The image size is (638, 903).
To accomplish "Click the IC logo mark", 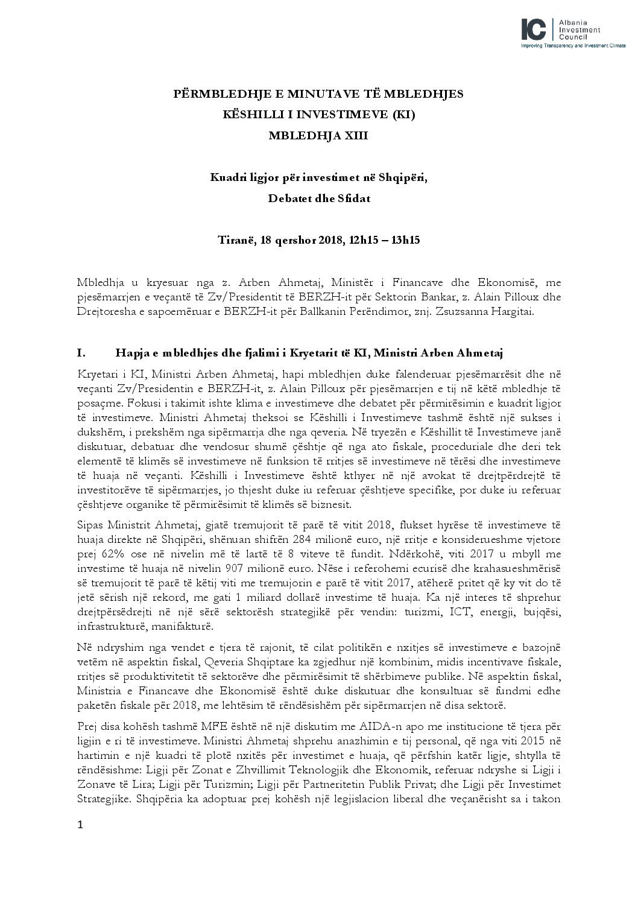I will tap(535, 29).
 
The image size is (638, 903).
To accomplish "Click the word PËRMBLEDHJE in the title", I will tap(209, 93).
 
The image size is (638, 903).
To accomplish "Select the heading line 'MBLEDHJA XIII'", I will tap(318, 136).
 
